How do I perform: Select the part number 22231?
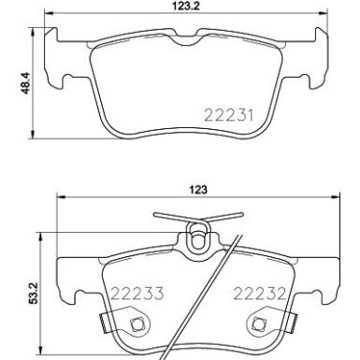228,115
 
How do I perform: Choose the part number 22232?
259,293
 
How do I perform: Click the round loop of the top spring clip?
197,240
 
